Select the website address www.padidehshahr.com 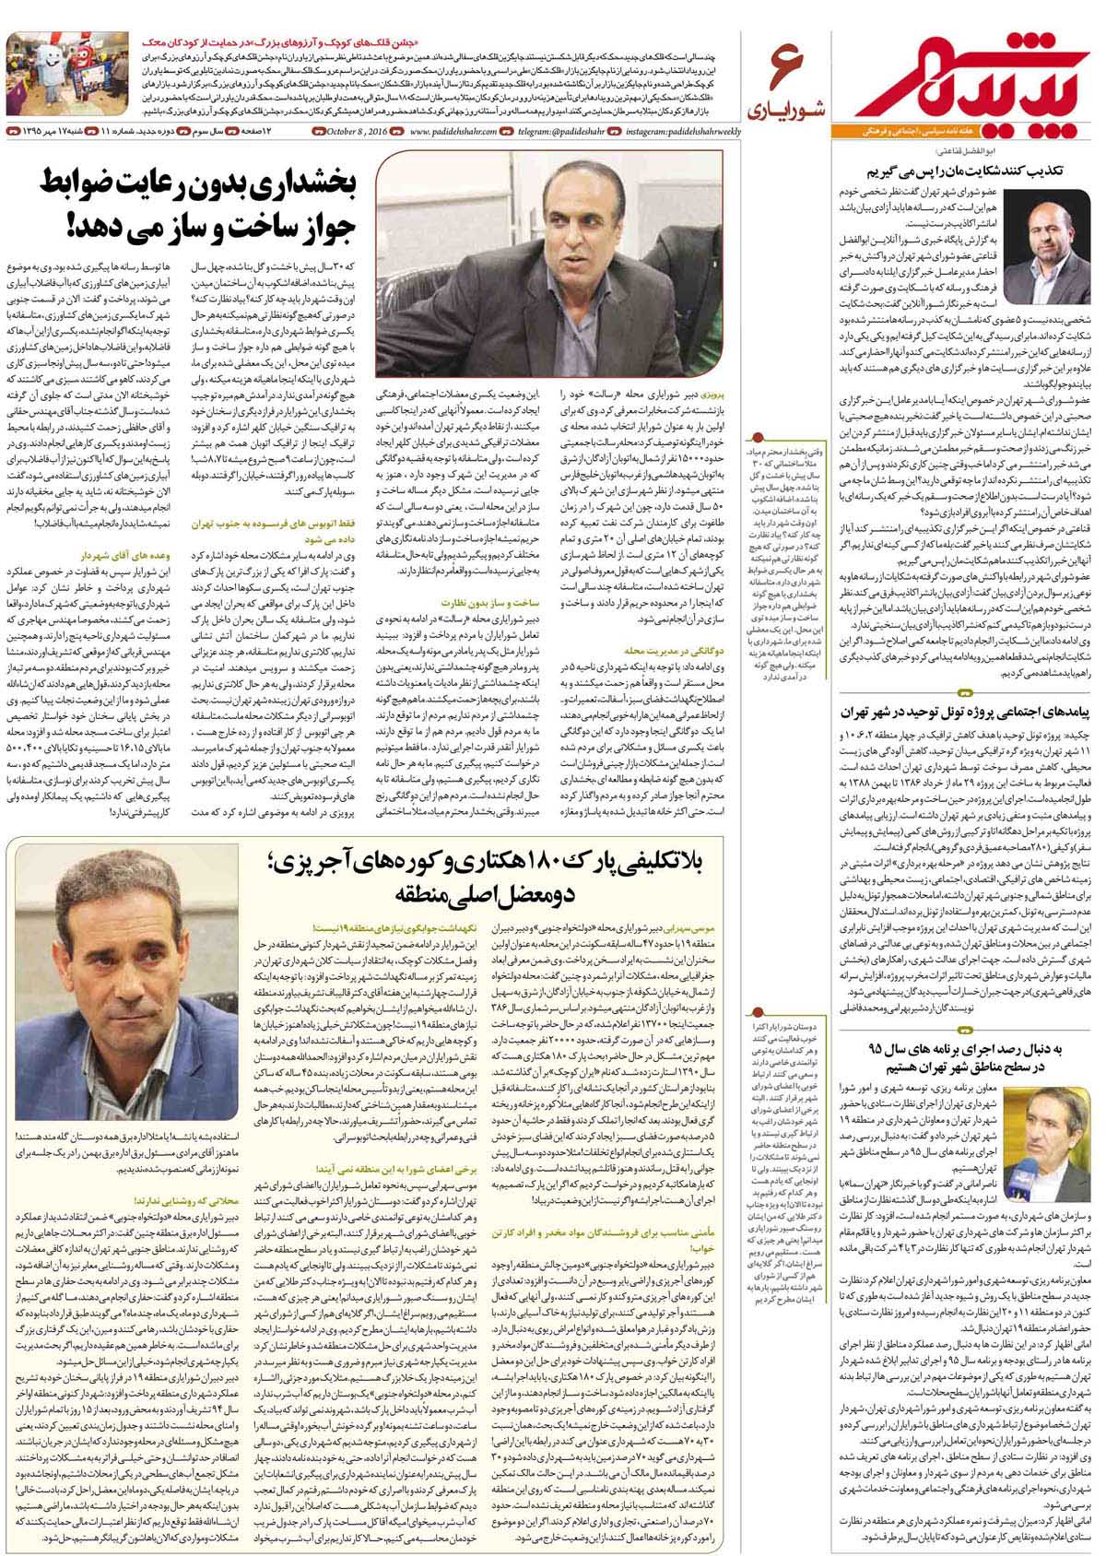click(x=453, y=132)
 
